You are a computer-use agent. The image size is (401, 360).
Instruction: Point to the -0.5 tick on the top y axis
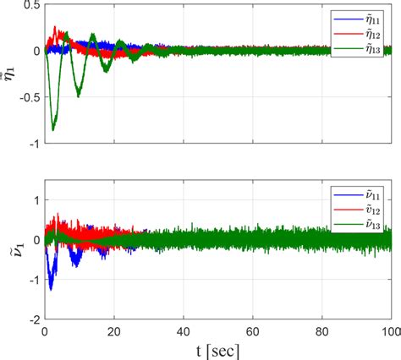25,97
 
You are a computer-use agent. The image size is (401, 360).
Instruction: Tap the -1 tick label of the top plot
32,143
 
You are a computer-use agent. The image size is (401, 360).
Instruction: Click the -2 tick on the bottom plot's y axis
32,320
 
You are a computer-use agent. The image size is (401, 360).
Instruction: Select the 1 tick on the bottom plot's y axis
35,199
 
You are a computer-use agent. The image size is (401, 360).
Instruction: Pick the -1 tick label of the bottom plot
32,280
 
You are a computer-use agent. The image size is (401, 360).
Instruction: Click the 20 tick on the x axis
114,332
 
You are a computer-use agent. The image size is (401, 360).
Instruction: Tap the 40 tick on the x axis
184,332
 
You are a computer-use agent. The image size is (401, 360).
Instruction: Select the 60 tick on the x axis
253,332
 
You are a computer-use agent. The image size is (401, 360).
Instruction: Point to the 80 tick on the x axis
322,332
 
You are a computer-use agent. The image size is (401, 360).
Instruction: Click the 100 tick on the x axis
388,332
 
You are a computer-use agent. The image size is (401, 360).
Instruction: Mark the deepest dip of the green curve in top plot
53,129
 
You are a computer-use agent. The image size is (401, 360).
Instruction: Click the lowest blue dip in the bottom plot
51,289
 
